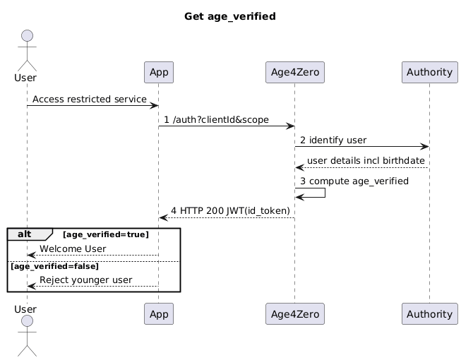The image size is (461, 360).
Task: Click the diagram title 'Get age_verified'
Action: [229, 16]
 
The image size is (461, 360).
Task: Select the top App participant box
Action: [158, 72]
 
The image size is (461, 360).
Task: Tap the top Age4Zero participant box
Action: [294, 72]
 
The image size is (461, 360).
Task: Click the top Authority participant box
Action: [429, 72]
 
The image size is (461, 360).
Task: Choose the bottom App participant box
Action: [158, 313]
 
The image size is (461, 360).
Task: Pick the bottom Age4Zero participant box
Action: [294, 313]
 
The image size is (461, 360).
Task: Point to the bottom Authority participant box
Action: [429, 313]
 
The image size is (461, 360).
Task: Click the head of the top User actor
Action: [27, 37]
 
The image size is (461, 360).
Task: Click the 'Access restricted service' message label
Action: [90, 100]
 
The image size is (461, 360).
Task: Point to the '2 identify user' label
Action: [333, 140]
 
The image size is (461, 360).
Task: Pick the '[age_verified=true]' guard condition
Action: [106, 234]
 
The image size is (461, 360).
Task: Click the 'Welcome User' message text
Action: [73, 249]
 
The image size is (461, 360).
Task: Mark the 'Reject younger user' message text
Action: [85, 280]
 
